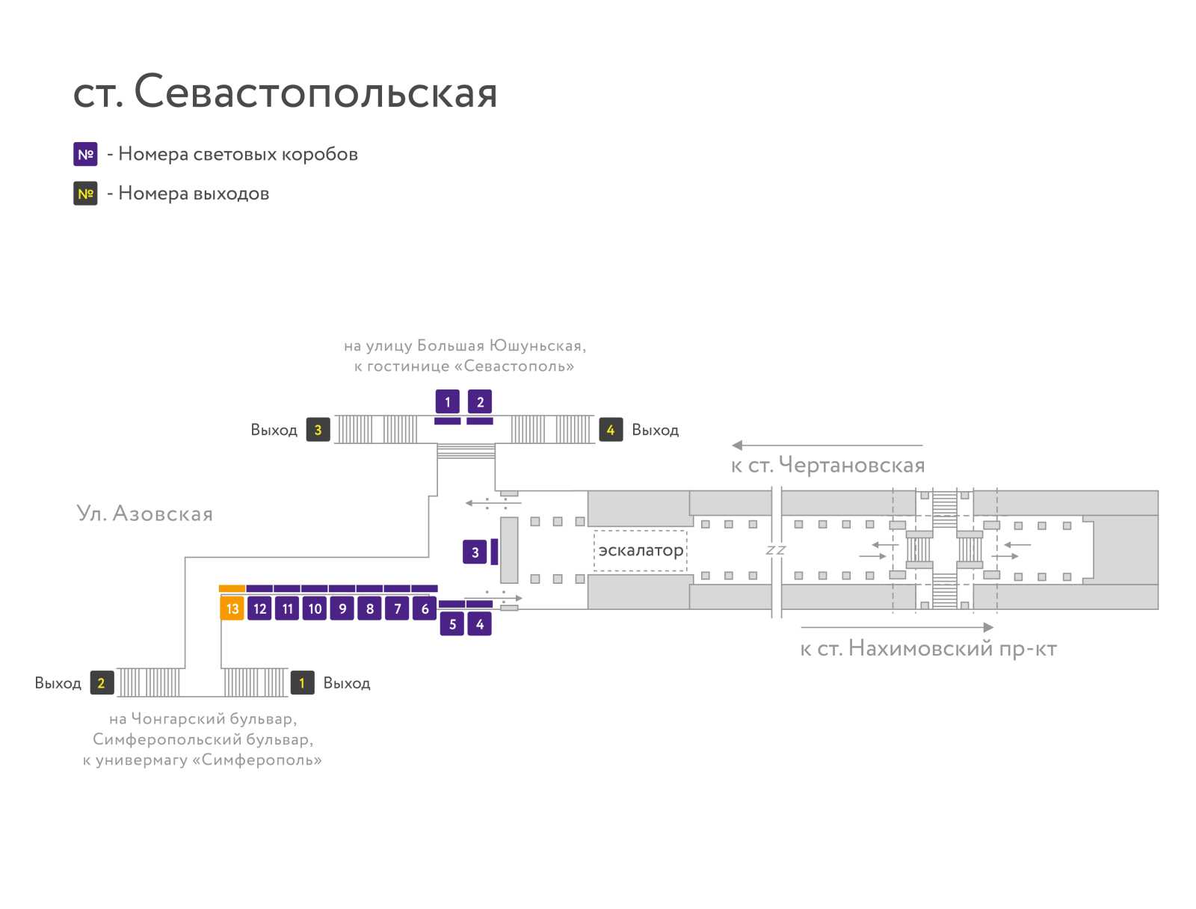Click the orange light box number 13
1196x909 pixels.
232,608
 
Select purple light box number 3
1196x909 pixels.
475,552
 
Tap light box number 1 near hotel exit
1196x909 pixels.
447,401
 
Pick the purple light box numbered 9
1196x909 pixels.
342,608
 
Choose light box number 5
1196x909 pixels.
452,623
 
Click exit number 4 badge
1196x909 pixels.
611,430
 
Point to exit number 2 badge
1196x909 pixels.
102,682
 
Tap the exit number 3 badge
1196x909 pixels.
318,430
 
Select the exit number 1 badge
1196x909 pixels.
303,682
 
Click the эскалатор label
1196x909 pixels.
641,550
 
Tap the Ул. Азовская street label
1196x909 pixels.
144,513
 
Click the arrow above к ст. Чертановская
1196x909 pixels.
827,445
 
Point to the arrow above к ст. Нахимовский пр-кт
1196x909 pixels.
897,627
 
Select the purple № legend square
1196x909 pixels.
85,154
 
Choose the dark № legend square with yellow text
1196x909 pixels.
85,194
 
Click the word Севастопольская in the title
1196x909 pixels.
315,91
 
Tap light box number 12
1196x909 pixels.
259,608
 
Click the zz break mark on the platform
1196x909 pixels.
776,549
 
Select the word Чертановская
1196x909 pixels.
851,465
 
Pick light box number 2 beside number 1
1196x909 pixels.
480,401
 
